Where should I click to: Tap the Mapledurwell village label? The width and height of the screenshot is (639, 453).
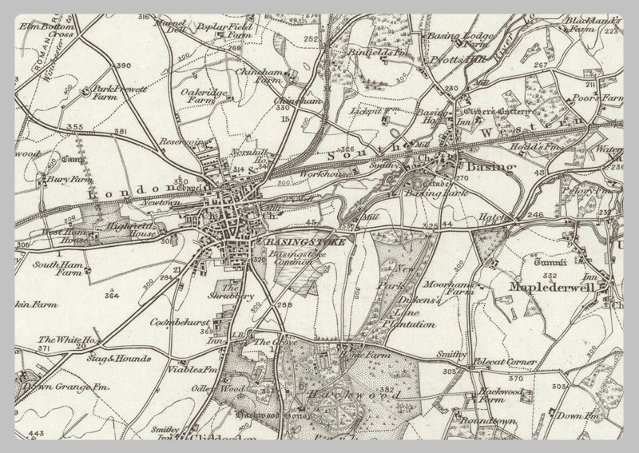556,284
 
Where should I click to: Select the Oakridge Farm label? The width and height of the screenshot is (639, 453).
198,97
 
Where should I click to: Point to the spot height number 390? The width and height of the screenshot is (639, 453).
123,66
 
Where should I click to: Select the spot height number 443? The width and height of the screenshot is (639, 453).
36,434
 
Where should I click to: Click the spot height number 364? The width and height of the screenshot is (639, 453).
112,296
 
